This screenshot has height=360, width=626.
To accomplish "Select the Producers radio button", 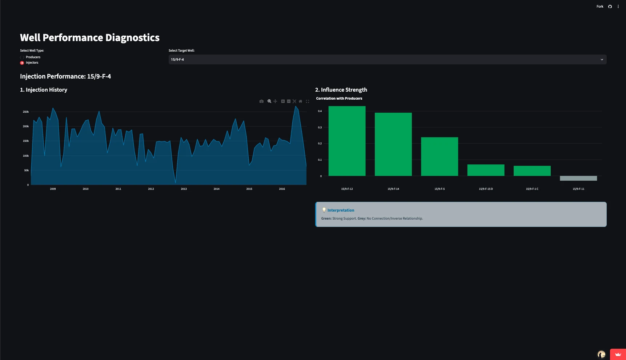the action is click(22, 57).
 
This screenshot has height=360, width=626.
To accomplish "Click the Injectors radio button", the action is click(22, 63).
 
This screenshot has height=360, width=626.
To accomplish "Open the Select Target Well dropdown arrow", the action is click(602, 60).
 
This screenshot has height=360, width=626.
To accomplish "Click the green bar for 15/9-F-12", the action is click(347, 141).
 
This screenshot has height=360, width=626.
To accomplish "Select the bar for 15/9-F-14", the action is click(393, 144).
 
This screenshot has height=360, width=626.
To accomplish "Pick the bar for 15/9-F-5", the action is click(440, 157).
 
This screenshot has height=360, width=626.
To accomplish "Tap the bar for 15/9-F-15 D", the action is click(486, 170).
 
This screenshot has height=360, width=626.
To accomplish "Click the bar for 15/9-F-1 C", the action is click(532, 171).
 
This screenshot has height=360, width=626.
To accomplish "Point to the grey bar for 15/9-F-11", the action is click(578, 178).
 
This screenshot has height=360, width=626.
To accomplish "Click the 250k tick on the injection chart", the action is click(26, 112).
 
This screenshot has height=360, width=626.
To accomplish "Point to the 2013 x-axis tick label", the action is click(184, 189).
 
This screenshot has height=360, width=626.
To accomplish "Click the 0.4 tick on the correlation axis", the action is click(320, 111).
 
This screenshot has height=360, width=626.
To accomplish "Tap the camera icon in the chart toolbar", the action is click(261, 101).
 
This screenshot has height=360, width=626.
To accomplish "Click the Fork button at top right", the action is click(600, 7).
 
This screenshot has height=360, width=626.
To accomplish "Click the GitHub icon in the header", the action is click(610, 7).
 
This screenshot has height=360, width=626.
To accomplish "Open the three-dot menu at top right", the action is click(618, 7).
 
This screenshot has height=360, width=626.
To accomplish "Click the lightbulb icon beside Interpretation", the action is click(324, 210).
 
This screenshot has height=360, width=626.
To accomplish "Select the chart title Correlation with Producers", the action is click(339, 99).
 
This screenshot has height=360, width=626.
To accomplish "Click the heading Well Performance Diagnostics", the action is click(90, 38).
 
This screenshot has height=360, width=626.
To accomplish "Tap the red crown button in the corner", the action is click(618, 354).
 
